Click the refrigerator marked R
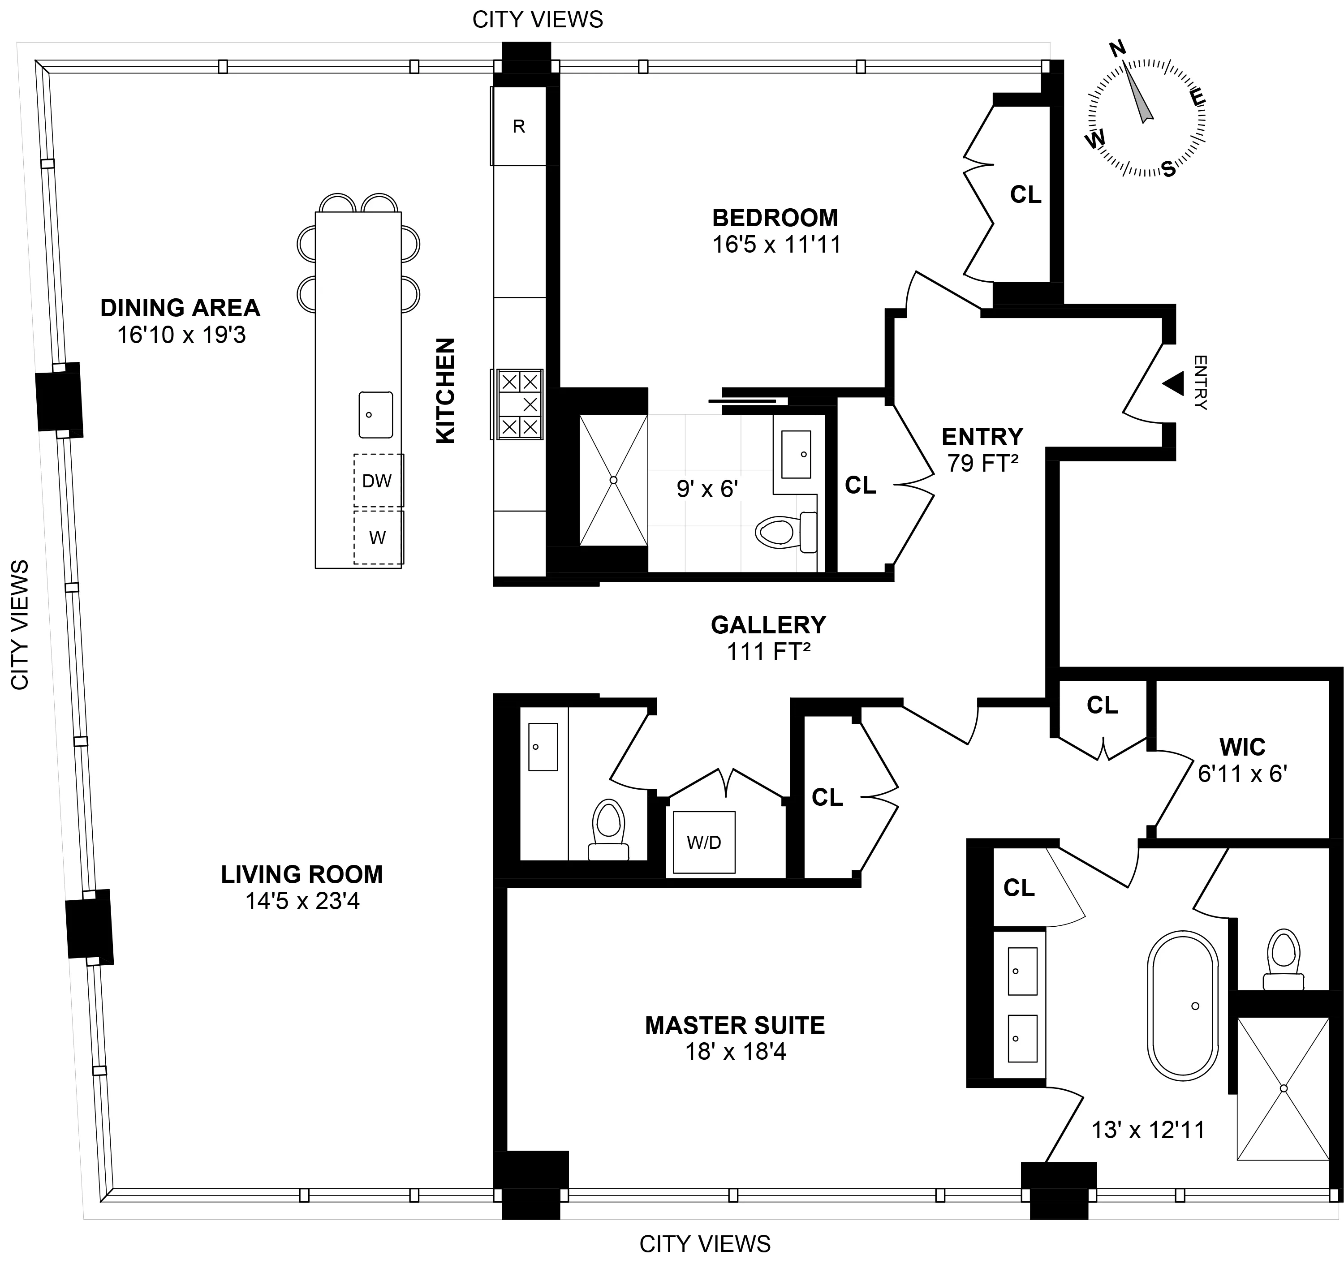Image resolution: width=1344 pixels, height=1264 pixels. [x=518, y=126]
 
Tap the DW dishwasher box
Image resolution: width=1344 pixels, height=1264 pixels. [x=377, y=481]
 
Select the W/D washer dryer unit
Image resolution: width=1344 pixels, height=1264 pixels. [x=704, y=842]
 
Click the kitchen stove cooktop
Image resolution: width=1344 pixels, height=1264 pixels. [x=520, y=404]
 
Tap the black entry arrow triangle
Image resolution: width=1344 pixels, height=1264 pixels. [x=1174, y=383]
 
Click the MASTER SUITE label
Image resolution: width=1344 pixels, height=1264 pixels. [x=735, y=1025]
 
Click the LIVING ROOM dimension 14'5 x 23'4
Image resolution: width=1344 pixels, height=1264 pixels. [x=302, y=901]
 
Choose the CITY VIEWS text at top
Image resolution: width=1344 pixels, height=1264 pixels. [x=538, y=20]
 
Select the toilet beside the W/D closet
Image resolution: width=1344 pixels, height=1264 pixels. [x=608, y=826]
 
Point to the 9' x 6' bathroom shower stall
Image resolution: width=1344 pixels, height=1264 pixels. [x=613, y=480]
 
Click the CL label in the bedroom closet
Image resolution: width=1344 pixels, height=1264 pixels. [x=1025, y=195]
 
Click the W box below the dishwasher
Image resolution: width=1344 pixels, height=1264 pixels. [x=377, y=538]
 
